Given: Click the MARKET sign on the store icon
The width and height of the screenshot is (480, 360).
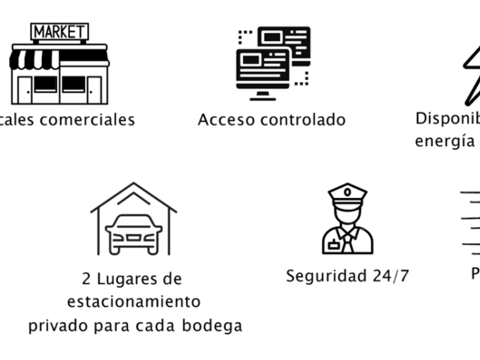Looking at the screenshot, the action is [59, 32].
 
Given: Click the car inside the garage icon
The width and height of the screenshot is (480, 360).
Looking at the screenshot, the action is [134, 233].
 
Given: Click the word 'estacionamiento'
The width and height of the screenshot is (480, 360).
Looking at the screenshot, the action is [134, 301].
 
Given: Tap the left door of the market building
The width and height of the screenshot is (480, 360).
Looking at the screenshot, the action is [25, 90].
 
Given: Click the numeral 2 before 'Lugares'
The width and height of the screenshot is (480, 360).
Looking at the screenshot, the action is [87, 279].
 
